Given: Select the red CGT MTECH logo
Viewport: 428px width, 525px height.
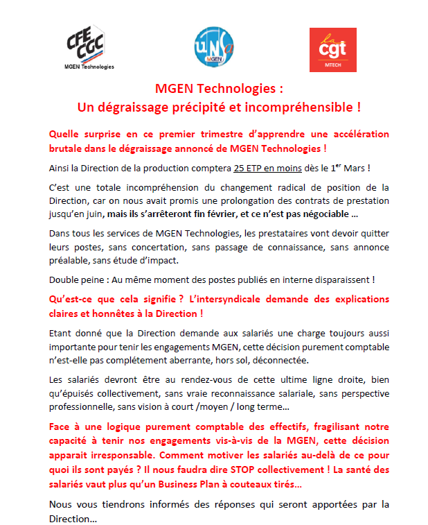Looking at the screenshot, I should (x=332, y=49).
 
